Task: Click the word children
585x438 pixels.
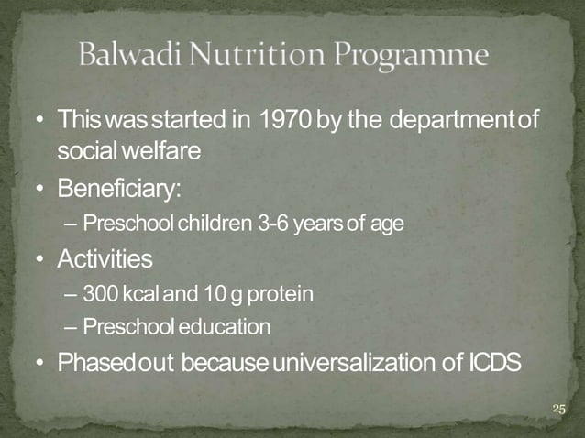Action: click(x=205, y=224)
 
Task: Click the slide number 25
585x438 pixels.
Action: click(x=559, y=409)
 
